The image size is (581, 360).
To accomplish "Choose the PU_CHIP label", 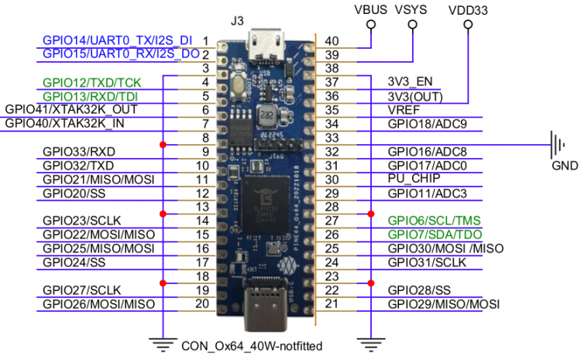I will pos(411,179).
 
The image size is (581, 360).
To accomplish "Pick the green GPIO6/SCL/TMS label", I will pos(435,221).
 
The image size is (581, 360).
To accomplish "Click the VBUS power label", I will pos(370,9).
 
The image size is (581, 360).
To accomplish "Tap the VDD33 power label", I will pos(468,9).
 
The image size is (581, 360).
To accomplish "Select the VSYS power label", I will pos(411,9).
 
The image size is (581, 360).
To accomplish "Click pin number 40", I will pos(332,40).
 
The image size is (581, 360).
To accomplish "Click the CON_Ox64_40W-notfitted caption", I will pos(250,345).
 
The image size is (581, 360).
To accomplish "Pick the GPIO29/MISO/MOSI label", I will pos(443,304).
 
